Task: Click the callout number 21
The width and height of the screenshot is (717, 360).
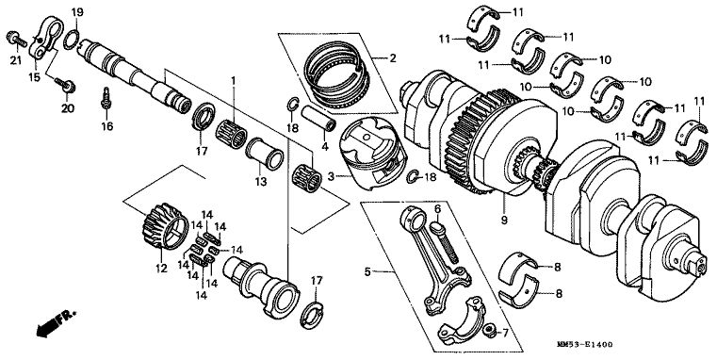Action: [16, 60]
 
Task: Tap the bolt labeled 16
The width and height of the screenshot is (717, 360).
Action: [106, 99]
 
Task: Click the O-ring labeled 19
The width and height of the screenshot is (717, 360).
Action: [71, 40]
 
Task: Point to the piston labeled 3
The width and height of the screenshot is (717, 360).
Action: [373, 154]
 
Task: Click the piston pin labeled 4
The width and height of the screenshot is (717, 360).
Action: [318, 118]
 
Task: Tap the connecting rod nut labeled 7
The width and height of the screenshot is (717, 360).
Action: [490, 329]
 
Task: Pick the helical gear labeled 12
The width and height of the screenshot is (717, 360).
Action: [165, 226]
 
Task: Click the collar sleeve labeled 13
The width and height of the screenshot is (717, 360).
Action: [265, 154]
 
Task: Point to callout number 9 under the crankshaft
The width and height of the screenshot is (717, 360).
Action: [504, 220]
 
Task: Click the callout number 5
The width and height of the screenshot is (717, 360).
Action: [367, 271]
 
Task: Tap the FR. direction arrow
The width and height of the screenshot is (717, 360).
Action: [56, 323]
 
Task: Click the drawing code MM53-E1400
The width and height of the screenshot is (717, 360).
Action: [585, 344]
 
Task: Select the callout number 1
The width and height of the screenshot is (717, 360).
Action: [233, 81]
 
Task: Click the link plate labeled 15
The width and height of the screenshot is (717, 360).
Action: [45, 38]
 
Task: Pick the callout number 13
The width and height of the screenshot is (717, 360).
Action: [261, 182]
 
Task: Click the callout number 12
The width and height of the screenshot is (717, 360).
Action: [161, 269]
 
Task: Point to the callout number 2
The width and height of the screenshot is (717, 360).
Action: [393, 58]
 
